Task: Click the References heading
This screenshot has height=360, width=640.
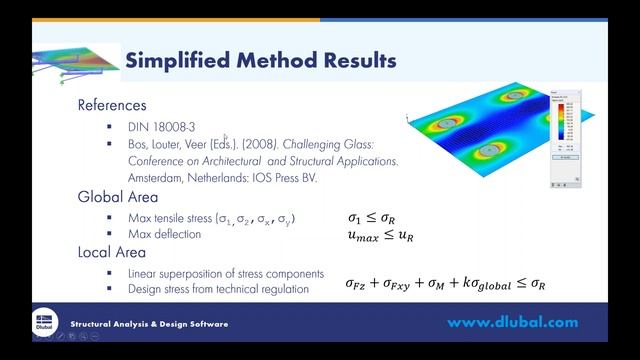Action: [112, 105]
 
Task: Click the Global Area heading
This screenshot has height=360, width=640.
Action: [118, 197]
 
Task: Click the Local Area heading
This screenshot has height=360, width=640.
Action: [112, 252]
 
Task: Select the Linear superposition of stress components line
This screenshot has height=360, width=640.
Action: [225, 273]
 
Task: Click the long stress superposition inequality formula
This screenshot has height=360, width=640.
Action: [445, 285]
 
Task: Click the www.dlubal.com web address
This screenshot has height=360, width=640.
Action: [512, 323]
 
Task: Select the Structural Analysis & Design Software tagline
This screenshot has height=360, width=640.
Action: [149, 324]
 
